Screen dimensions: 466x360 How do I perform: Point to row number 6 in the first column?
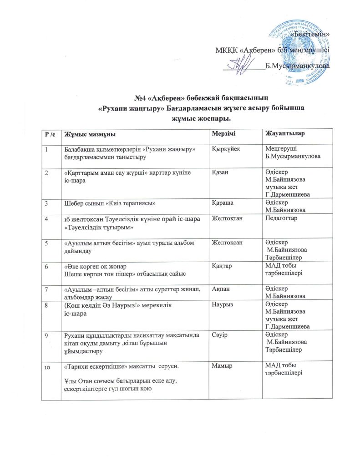click(46, 266)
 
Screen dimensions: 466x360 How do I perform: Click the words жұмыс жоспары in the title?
click(180, 119)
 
